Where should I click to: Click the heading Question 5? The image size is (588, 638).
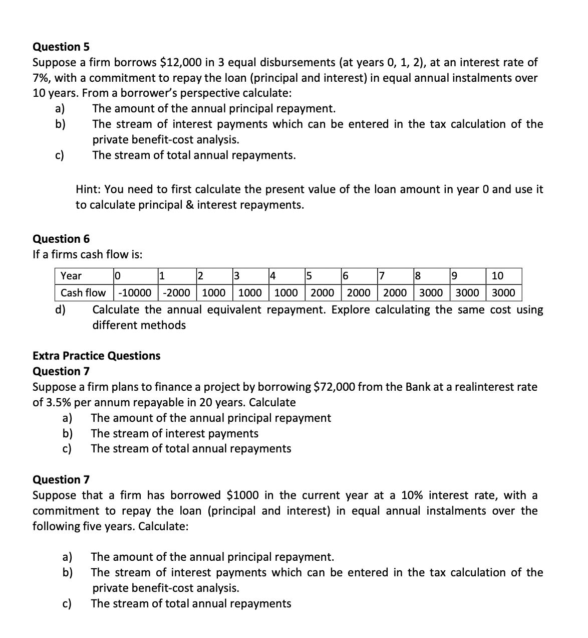[x=61, y=47]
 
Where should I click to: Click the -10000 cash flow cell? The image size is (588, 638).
[x=136, y=292]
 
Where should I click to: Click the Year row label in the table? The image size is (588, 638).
[x=71, y=276]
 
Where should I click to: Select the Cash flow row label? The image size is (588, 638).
[x=83, y=292]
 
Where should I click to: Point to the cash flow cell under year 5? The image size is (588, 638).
[x=323, y=292]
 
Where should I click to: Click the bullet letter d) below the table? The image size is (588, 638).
[x=60, y=309]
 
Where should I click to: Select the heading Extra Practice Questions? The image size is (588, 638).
[x=96, y=356]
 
